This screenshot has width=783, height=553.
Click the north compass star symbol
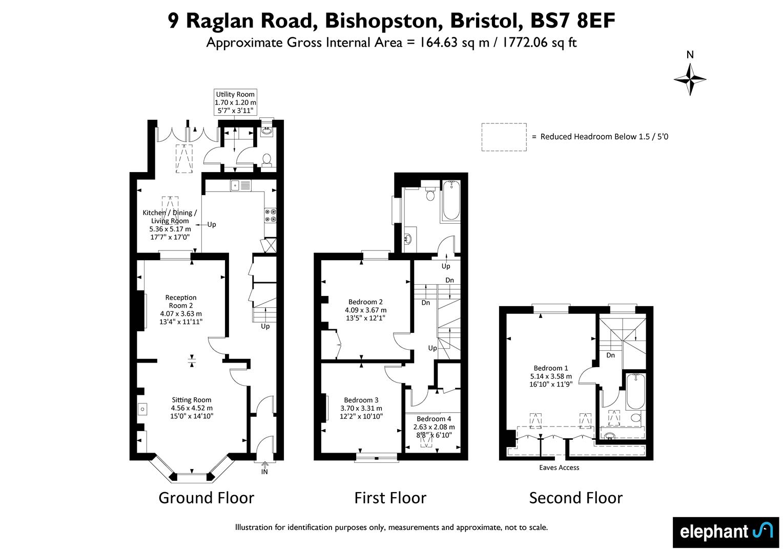point(690,79)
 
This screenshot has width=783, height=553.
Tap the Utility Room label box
point(235,102)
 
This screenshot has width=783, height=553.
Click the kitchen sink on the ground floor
point(240,185)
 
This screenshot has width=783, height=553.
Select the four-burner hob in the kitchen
point(270,215)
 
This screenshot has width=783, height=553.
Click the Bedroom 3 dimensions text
point(361,412)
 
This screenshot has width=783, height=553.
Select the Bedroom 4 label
point(434,419)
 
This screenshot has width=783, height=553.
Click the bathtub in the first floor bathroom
point(451,200)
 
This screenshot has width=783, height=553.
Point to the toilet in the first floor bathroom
point(430,193)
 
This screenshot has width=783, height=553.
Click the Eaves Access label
point(559,467)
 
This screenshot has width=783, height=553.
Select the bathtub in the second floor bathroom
point(635,391)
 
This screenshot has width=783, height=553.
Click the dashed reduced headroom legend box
point(504,137)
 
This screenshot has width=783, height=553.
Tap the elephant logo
point(726,533)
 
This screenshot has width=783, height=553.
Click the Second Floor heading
point(575,498)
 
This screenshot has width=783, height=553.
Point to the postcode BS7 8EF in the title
point(572,20)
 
